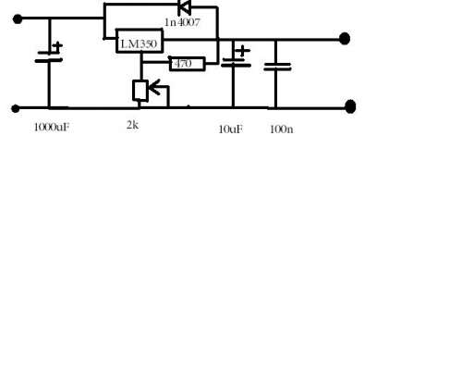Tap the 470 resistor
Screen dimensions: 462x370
click(x=188, y=64)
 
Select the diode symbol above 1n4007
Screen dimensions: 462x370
click(x=185, y=7)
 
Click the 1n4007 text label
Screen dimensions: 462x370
click(x=182, y=22)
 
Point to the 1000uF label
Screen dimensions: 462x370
click(x=52, y=128)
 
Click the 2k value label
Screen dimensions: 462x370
click(x=133, y=125)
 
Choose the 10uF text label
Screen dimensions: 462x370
click(x=231, y=129)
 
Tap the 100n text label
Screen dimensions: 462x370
click(x=282, y=129)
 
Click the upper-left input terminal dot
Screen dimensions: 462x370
click(x=18, y=19)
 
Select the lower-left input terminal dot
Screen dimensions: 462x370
click(x=16, y=108)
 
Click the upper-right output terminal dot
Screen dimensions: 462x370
click(x=345, y=39)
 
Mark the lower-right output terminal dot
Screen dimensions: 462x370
click(x=350, y=106)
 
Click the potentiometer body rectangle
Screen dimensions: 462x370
click(x=140, y=91)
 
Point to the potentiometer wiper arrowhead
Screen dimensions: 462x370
click(x=153, y=87)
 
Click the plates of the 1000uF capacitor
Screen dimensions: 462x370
click(x=49, y=56)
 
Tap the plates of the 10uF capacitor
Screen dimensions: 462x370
click(x=236, y=62)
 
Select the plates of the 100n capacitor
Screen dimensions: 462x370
click(x=277, y=67)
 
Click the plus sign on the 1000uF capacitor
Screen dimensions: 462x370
click(x=57, y=46)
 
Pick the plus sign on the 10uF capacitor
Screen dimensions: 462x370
click(x=243, y=51)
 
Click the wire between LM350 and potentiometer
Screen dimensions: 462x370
click(x=141, y=67)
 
